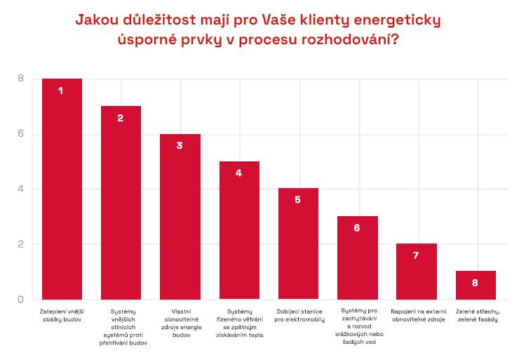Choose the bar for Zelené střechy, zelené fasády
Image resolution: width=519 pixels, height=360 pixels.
tap(476, 286)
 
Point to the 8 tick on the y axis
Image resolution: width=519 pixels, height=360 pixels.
tap(20, 79)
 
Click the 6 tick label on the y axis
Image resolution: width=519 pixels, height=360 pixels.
tap(20, 134)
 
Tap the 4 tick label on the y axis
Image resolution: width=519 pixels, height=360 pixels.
tap(20, 189)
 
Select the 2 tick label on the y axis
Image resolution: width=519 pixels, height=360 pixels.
tap(20, 244)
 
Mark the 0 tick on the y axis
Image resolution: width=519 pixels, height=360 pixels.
tap(20, 300)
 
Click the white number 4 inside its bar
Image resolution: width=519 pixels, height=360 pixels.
tap(239, 173)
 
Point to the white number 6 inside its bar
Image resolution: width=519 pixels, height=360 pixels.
tap(357, 228)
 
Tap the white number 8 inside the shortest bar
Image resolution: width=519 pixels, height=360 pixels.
tap(476, 283)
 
